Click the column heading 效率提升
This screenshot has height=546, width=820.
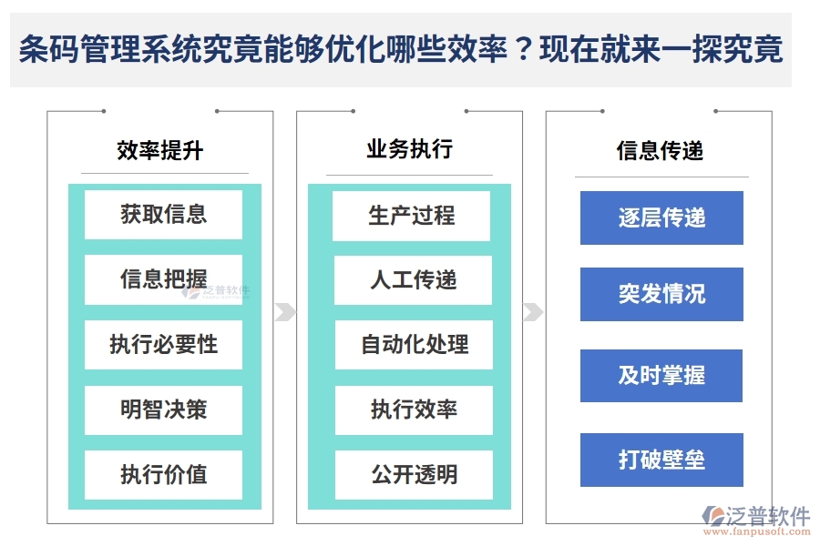click(159, 151)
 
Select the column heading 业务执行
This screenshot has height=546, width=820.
click(409, 149)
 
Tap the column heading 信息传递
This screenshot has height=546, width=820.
click(660, 151)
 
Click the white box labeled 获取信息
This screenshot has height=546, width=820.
click(163, 215)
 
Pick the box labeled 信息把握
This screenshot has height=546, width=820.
click(163, 279)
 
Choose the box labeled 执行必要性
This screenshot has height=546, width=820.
click(163, 345)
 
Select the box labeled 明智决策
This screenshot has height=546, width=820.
click(163, 409)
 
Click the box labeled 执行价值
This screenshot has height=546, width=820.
click(163, 474)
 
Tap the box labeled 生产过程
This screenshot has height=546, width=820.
click(412, 216)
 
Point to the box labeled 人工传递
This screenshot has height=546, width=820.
click(413, 280)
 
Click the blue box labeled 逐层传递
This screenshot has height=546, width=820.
click(661, 218)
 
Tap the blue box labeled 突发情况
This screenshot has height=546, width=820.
click(661, 294)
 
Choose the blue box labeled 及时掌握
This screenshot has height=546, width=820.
click(661, 376)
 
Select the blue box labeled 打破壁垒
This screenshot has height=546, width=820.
click(661, 460)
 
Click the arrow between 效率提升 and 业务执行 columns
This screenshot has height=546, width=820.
click(285, 312)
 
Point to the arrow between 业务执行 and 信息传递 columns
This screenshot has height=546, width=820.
click(533, 312)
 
